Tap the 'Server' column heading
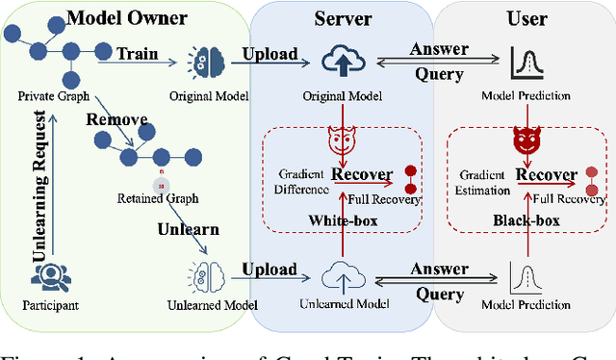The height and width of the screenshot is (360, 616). pos(343,18)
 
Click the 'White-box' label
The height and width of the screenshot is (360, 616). pos(342,220)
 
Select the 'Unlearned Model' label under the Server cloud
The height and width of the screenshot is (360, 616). pos(344,305)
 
